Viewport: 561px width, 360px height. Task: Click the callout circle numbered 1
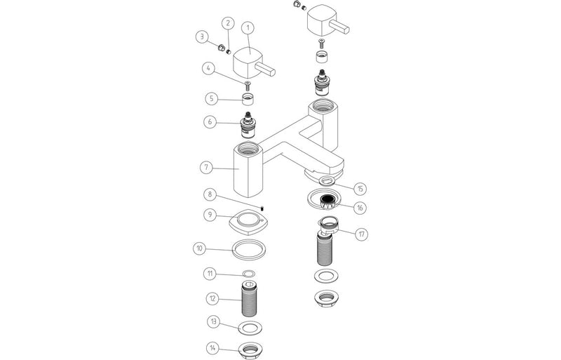pos(248,29)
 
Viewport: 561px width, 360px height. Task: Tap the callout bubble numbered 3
pos(201,36)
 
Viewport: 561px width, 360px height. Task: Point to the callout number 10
pos(200,248)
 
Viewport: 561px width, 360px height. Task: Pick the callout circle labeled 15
pos(360,188)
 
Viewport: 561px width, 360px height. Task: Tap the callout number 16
pos(360,208)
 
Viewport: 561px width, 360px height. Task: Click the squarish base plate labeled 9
pos(248,224)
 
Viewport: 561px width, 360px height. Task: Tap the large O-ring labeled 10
pos(248,249)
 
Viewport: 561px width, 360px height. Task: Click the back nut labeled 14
pos(248,349)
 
